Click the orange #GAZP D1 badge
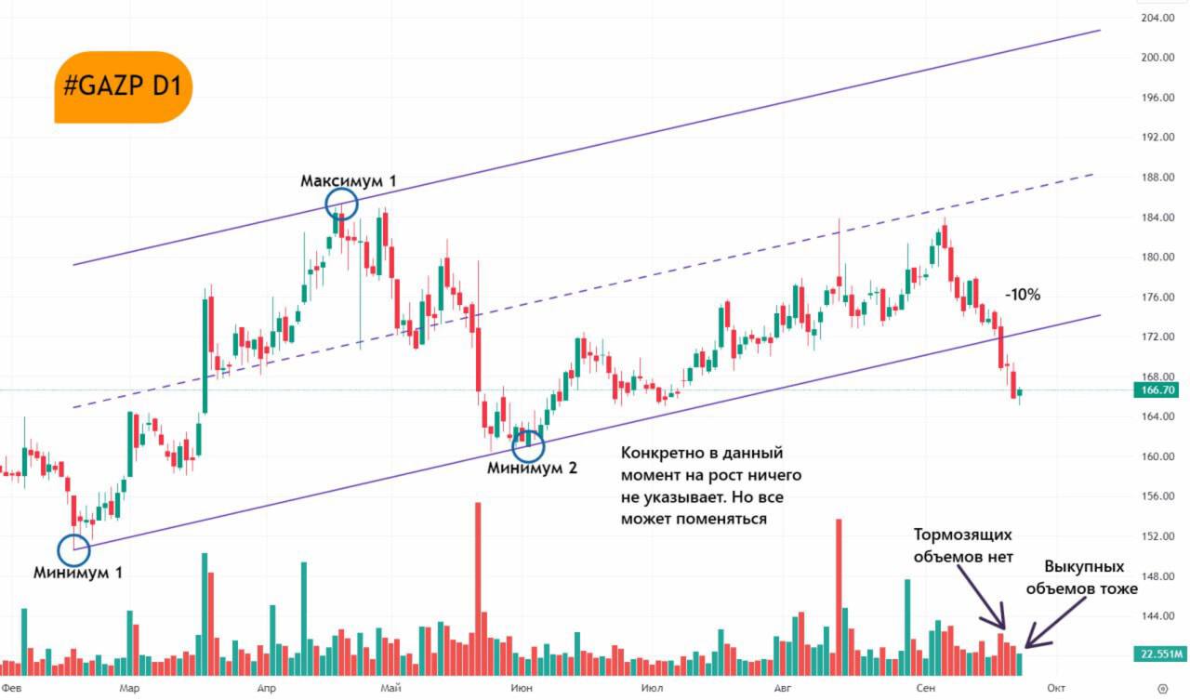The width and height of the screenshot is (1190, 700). point(124,87)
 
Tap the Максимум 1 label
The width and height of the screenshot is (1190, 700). point(348,181)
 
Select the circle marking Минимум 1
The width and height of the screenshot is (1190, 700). point(74,549)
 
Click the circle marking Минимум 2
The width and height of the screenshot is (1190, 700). point(528,444)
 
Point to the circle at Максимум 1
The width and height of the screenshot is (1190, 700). point(341,204)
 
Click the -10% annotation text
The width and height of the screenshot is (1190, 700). point(1022,295)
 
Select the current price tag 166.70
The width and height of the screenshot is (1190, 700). point(1156,390)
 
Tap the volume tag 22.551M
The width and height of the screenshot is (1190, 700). point(1156,654)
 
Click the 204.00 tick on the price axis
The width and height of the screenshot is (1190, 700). point(1157,18)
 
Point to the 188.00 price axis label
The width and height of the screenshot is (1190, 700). point(1157,177)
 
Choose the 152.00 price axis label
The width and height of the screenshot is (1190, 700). point(1157,536)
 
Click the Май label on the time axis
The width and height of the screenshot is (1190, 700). point(391,688)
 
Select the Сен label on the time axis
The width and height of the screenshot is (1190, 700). point(924,688)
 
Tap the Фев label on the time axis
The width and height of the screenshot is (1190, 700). point(12,688)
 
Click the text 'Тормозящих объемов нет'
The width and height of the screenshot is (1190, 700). point(962,546)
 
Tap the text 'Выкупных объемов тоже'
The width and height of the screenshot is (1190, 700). point(1084,578)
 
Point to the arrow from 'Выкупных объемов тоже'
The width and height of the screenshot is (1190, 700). point(1056,622)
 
